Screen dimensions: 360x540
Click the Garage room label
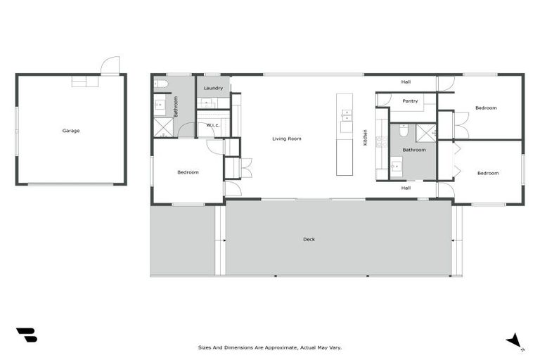point(70,131)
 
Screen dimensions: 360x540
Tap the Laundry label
point(213,88)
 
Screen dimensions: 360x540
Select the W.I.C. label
point(213,125)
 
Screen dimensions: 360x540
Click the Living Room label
point(287,139)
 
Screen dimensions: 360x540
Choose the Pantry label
point(410,101)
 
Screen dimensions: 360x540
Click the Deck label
point(309,239)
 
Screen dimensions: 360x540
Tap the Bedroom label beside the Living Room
point(188,172)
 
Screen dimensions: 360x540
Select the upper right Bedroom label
point(486,108)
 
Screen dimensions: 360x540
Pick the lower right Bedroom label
point(487,173)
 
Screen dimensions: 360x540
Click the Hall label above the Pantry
point(406,82)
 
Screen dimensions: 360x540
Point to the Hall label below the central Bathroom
point(406,188)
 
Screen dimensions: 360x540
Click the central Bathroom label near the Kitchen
point(413,150)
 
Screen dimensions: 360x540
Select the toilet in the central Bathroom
point(404,131)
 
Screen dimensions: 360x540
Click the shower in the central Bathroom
point(426,133)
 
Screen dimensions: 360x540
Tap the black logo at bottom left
point(26,335)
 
